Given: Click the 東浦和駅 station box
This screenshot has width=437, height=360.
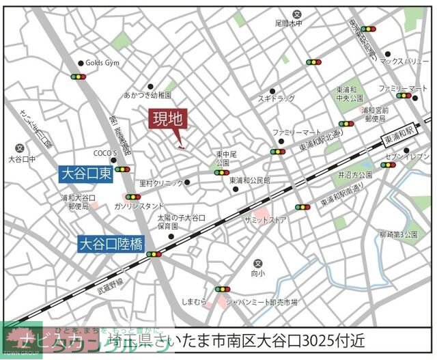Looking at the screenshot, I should point(399,136).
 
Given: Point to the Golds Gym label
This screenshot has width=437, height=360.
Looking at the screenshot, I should point(102,62).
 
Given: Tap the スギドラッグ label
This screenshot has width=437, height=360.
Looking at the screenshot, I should point(277,99).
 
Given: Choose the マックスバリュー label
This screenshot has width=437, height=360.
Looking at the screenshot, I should point(404,61).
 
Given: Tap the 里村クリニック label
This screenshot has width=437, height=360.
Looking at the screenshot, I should point(161,183).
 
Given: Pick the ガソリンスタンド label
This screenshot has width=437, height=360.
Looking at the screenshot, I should point(139,206).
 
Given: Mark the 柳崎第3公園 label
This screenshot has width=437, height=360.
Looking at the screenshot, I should point(398,234).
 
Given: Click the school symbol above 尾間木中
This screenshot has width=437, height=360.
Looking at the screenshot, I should point(296,14).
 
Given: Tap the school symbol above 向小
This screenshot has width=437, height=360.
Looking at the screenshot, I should point(257,264).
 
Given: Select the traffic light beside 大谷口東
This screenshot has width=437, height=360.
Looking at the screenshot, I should point(122,169).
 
